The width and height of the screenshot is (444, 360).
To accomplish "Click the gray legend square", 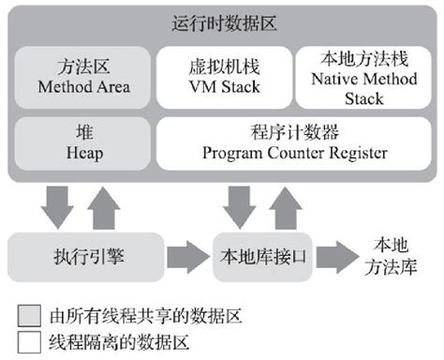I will (29, 315).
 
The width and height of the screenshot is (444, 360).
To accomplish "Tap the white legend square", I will (29, 340).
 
